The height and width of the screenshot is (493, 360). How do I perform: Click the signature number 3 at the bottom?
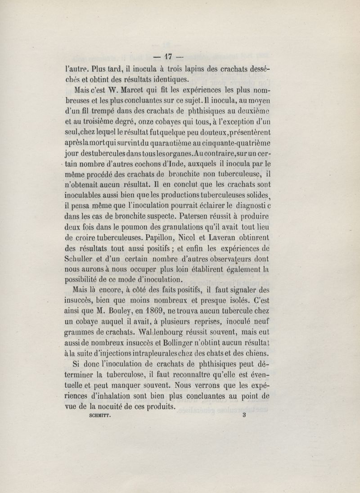244,416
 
